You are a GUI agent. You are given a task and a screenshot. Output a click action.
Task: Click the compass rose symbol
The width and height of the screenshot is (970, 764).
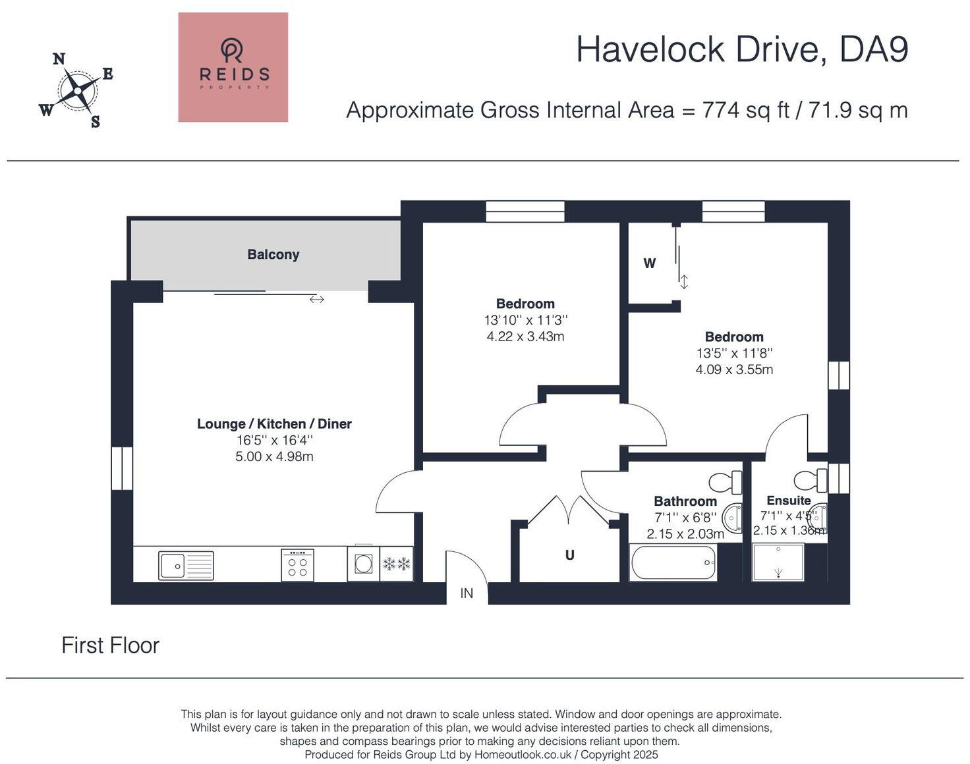pyautogui.click(x=77, y=90)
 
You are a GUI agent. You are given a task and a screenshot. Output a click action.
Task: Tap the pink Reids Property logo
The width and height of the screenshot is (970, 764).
pyautogui.click(x=233, y=67)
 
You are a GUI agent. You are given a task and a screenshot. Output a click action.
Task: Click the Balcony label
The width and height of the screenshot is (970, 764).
pyautogui.click(x=273, y=254)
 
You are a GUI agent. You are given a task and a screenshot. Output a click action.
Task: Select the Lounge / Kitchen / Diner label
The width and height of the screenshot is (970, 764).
pyautogui.click(x=274, y=423)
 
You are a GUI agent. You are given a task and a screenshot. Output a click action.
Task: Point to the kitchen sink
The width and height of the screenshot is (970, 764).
pyautogui.click(x=186, y=565)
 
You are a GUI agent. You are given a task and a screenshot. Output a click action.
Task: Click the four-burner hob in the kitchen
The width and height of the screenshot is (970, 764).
pyautogui.click(x=297, y=565)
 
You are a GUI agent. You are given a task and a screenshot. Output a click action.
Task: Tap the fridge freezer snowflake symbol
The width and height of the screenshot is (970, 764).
pyautogui.click(x=397, y=564)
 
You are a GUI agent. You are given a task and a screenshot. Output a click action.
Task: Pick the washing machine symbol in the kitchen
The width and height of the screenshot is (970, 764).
pyautogui.click(x=363, y=563)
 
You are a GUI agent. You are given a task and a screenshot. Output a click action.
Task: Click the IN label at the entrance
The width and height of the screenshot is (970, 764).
pyautogui.click(x=467, y=593)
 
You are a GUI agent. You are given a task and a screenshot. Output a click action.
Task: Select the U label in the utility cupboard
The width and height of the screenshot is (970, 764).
pyautogui.click(x=570, y=555)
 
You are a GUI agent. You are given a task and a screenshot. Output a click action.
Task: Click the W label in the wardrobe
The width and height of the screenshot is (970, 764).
pyautogui.click(x=650, y=263)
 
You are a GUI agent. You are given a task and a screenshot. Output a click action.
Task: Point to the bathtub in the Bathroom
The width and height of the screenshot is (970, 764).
pyautogui.click(x=673, y=562)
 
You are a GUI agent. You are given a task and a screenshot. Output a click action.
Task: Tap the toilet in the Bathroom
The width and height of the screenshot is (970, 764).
pyautogui.click(x=726, y=483)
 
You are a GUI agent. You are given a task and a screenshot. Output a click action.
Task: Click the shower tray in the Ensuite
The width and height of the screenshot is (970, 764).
pyautogui.click(x=778, y=562)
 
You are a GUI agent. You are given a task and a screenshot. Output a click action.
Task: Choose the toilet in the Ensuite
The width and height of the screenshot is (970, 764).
pyautogui.click(x=811, y=480)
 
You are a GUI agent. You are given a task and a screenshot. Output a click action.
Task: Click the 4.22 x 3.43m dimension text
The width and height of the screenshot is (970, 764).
pyautogui.click(x=526, y=337)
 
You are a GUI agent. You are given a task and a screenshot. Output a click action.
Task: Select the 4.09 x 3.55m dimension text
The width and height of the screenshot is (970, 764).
pyautogui.click(x=734, y=369)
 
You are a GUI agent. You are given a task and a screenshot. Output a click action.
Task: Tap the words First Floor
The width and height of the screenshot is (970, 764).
pyautogui.click(x=111, y=645)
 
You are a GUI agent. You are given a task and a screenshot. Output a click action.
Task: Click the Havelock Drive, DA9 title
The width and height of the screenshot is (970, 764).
pyautogui.click(x=742, y=49)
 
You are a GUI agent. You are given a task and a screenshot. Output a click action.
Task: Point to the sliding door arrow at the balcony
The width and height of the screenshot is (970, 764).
pyautogui.click(x=317, y=299)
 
